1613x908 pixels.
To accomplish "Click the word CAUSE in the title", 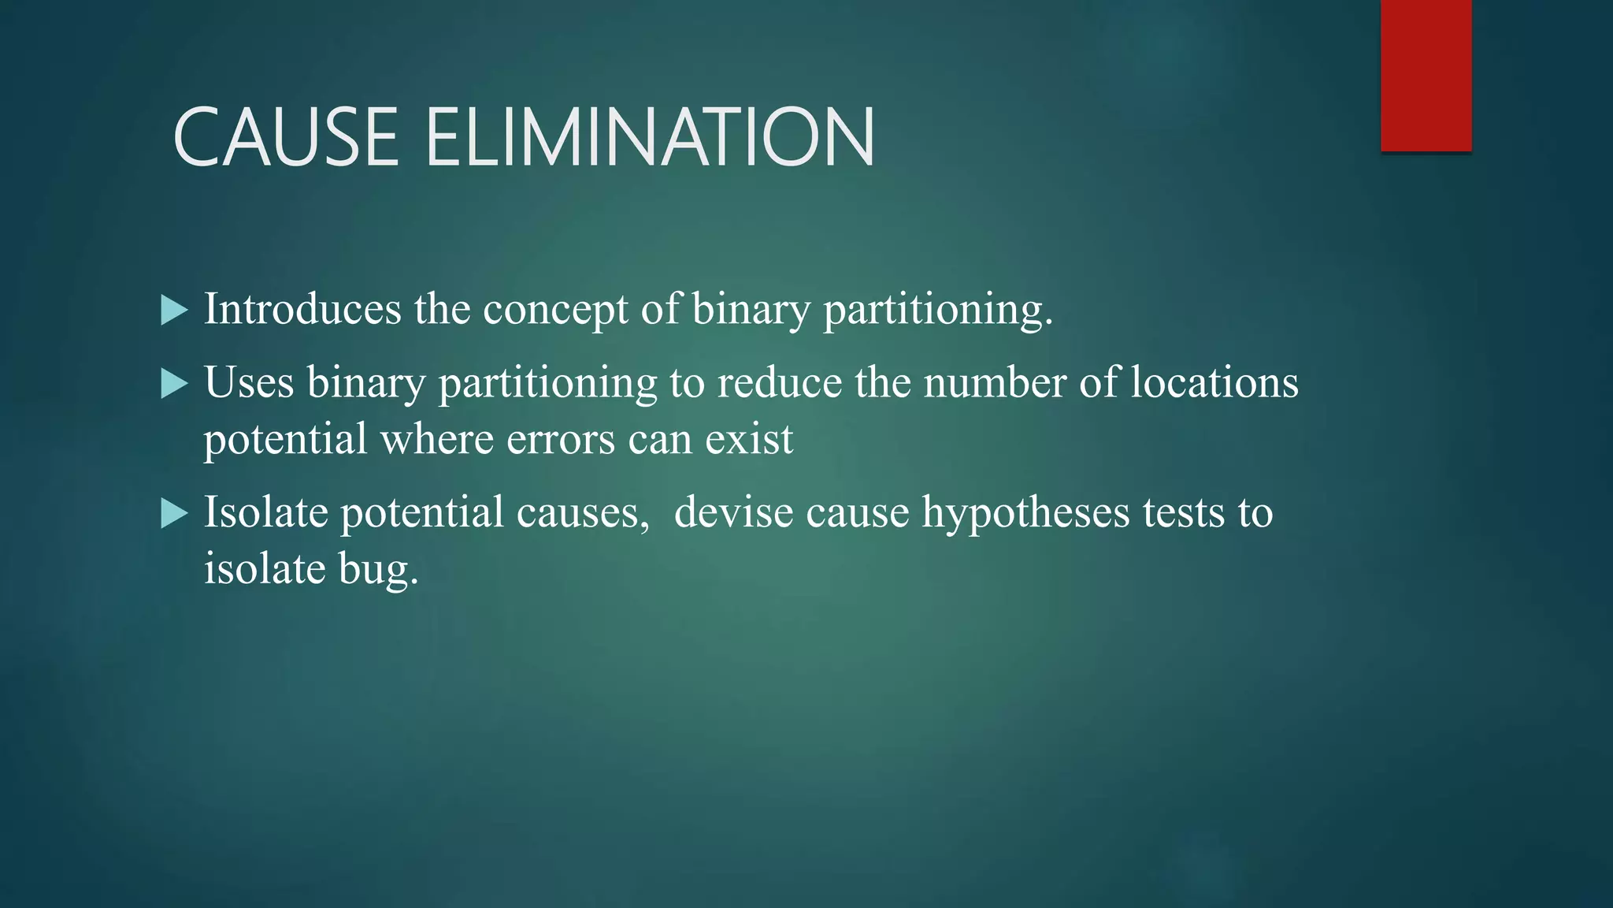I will click(286, 137).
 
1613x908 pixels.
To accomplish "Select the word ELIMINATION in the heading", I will click(650, 137).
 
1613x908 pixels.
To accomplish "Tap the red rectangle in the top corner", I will click(1426, 75).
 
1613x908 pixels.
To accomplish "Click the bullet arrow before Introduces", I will click(174, 310).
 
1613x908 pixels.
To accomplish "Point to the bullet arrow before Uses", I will click(174, 384).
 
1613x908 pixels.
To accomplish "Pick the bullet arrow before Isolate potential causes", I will click(174, 514).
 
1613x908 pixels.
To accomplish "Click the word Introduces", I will click(302, 308).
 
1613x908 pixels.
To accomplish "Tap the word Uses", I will click(249, 382).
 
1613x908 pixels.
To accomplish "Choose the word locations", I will click(1214, 382).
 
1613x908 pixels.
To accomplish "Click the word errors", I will click(560, 440).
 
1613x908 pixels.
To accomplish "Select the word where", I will click(436, 439).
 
